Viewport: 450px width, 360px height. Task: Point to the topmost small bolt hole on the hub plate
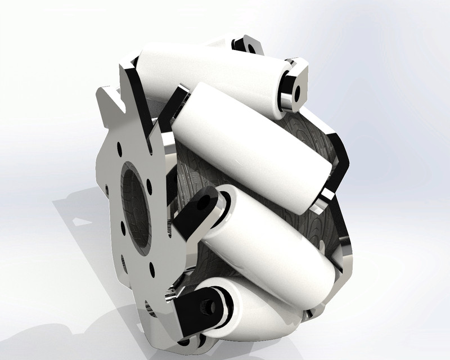[x=119, y=148]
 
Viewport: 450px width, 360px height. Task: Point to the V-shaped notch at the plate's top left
[x=112, y=107]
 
